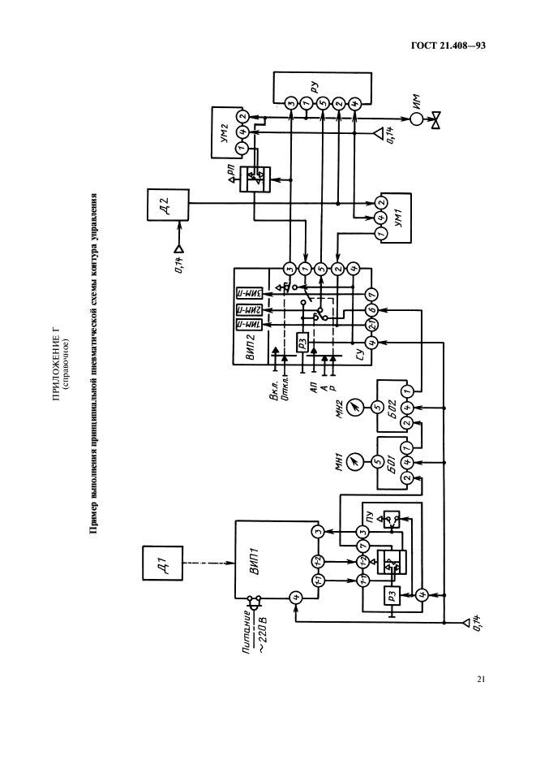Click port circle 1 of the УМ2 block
(x=241, y=148)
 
